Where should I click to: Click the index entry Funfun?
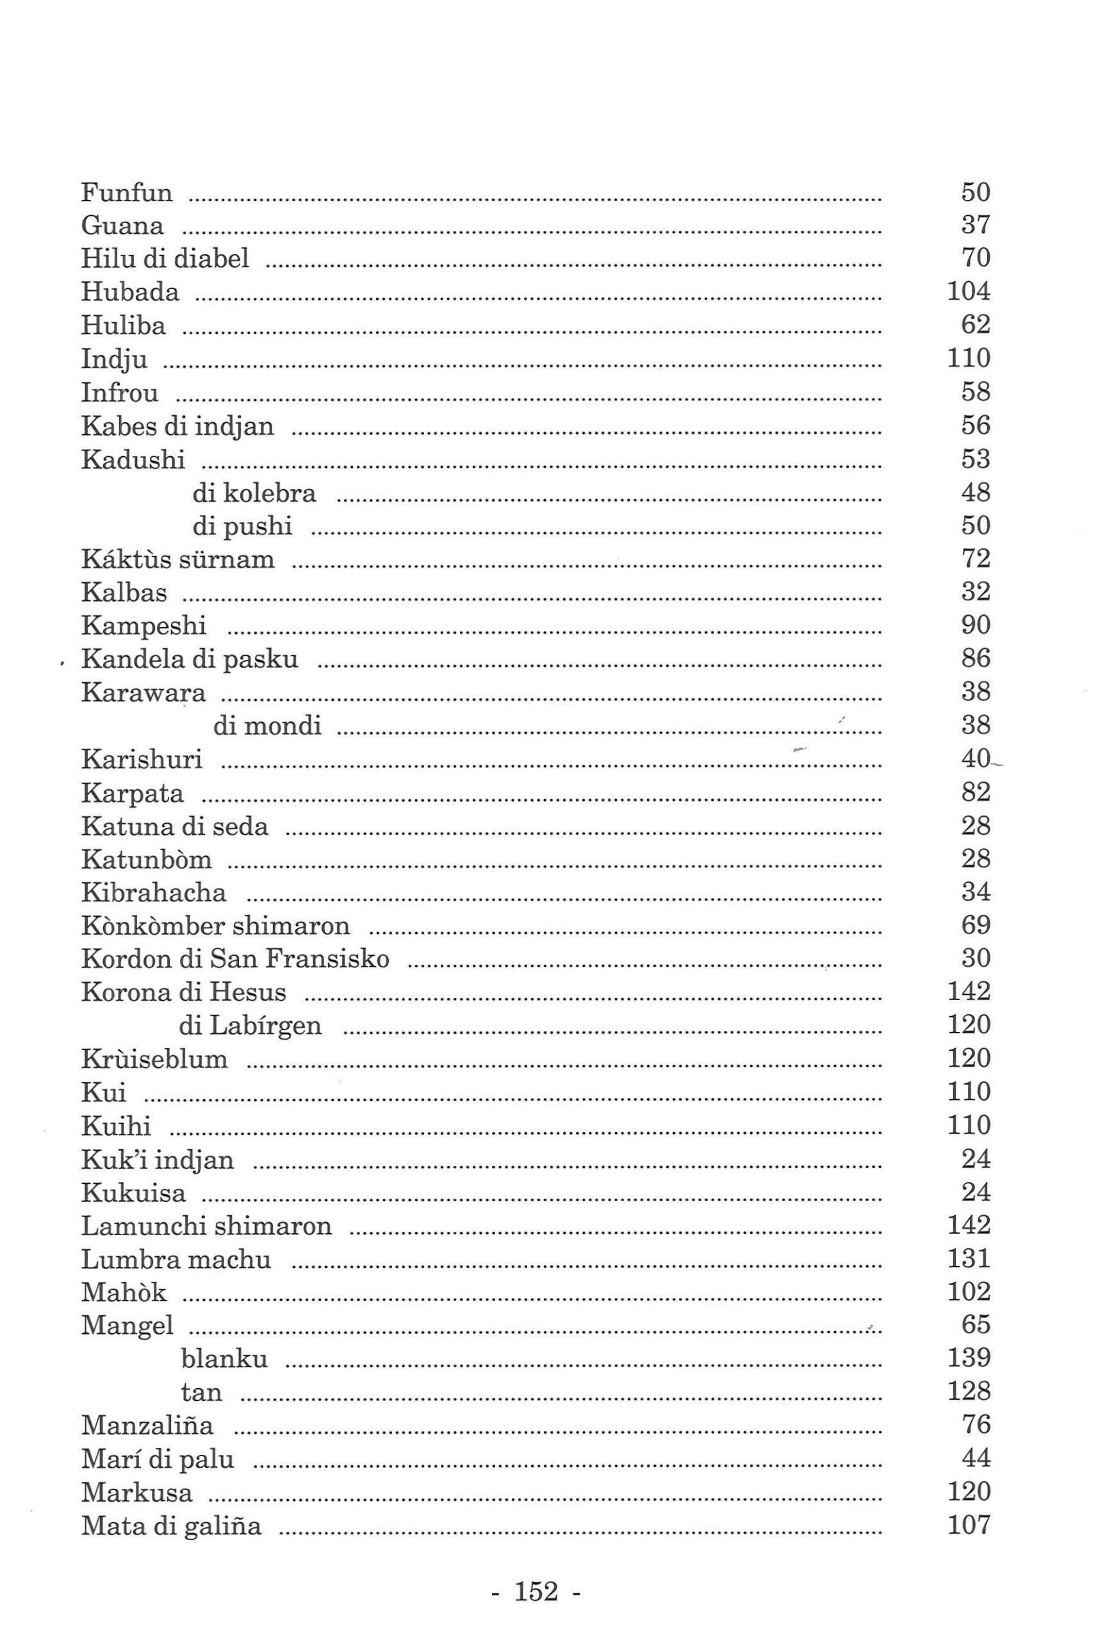(126, 192)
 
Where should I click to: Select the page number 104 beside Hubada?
(968, 291)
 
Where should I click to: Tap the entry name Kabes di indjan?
(177, 426)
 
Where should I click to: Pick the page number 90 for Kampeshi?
(975, 625)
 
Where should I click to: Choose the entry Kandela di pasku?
(189, 659)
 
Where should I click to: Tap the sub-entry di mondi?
(266, 725)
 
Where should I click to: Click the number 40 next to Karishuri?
(975, 758)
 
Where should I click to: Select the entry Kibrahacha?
(153, 892)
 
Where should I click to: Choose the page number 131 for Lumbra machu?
(968, 1259)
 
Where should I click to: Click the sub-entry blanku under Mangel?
(224, 1358)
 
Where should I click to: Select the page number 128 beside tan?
(968, 1391)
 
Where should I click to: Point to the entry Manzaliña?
(147, 1425)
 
